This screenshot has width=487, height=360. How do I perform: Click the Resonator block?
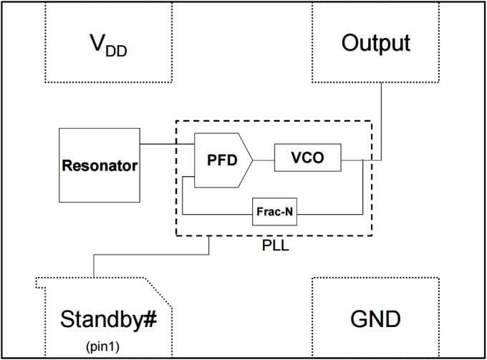pos(99,165)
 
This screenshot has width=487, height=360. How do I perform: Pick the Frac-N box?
pos(274,213)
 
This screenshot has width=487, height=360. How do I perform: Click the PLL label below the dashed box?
pos(274,246)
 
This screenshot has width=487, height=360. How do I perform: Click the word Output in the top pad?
pos(375,43)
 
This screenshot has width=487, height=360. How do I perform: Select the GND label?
pos(375,318)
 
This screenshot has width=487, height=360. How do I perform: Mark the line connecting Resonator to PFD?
pos(166,145)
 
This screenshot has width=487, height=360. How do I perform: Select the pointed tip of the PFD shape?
pos(251,160)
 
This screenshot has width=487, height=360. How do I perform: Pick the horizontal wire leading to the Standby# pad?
pos(150,253)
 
